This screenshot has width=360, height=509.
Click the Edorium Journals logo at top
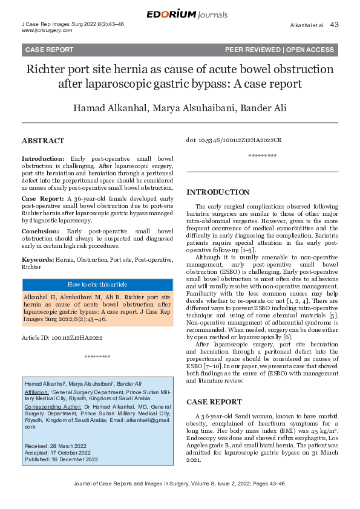pos(179,14)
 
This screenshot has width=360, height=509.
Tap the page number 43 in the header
pos(335,25)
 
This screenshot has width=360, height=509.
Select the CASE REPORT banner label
pos(49,50)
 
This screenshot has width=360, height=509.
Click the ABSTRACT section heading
pos(43,141)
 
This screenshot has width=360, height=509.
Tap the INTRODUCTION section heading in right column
pos(218,192)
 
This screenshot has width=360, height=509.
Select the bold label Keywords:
pos(38,259)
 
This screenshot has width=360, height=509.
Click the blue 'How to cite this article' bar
pos(97,284)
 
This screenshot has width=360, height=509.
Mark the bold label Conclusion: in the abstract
pos(43,231)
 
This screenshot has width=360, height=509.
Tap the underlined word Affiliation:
pos(37,392)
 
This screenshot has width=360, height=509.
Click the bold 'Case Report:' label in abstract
pos(44,198)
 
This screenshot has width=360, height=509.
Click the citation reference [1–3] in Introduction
pos(247,250)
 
